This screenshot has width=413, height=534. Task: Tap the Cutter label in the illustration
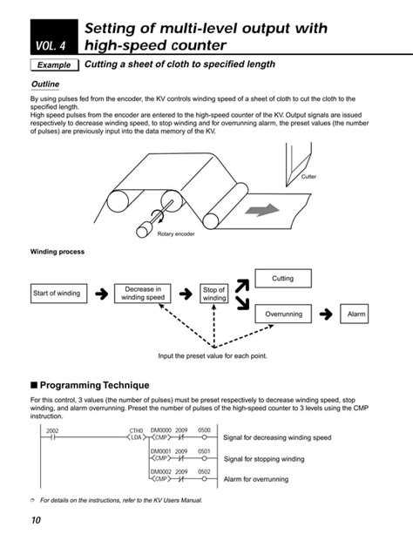click(308, 177)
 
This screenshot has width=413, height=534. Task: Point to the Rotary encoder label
click(177, 234)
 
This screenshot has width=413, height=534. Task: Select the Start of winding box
click(57, 294)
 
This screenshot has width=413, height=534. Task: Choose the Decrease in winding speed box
click(143, 294)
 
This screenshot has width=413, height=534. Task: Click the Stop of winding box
click(214, 294)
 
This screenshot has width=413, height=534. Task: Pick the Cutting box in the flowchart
click(283, 279)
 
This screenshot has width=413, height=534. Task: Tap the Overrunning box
click(283, 314)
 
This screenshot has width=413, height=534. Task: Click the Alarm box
click(357, 314)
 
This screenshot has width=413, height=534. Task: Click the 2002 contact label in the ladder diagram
click(51, 430)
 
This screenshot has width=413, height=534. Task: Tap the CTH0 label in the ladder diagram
click(136, 430)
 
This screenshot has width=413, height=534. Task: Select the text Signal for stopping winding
click(264, 458)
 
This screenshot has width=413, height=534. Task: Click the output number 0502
click(203, 471)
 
